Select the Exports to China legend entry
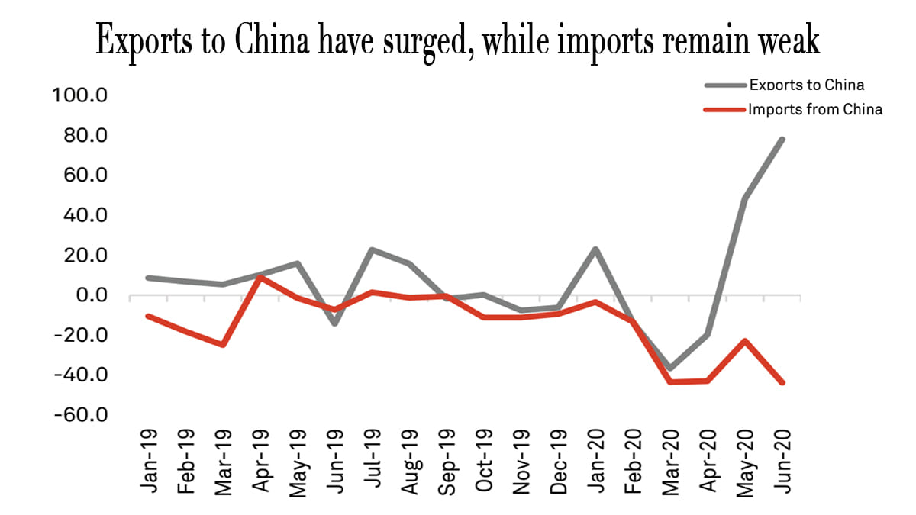coord(806,85)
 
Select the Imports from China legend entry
coord(814,109)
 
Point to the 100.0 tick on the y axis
coord(80,95)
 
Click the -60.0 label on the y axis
coord(80,415)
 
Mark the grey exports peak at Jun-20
coord(782,139)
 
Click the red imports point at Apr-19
coord(260,277)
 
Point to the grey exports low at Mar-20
coord(670,369)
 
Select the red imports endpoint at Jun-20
coord(782,383)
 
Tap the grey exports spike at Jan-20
coord(595,249)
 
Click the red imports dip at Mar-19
coord(222,345)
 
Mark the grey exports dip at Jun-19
coord(334,323)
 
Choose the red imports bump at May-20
coord(745,341)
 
